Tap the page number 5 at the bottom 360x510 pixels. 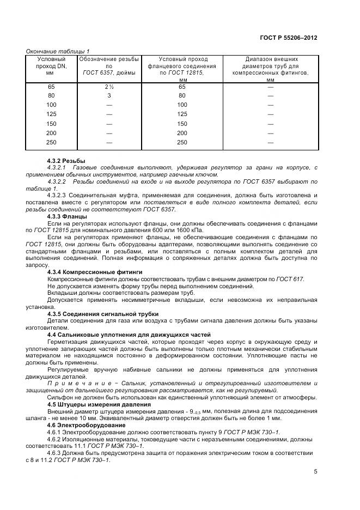pyautogui.click(x=315, y=472)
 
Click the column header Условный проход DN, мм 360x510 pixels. pyautogui.click(x=51, y=65)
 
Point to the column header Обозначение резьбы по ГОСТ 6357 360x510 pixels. pyautogui.click(x=109, y=65)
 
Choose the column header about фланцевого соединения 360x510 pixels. pyautogui.click(x=182, y=69)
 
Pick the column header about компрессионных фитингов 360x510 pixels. pyautogui.click(x=270, y=69)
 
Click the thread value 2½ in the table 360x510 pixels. pyautogui.click(x=109, y=87)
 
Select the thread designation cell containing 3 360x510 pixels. pyautogui.click(x=109, y=96)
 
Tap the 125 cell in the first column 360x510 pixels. pyautogui.click(x=51, y=114)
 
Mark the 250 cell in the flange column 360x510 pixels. pyautogui.click(x=182, y=142)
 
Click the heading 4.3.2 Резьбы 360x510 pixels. pyautogui.click(x=66, y=161)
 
